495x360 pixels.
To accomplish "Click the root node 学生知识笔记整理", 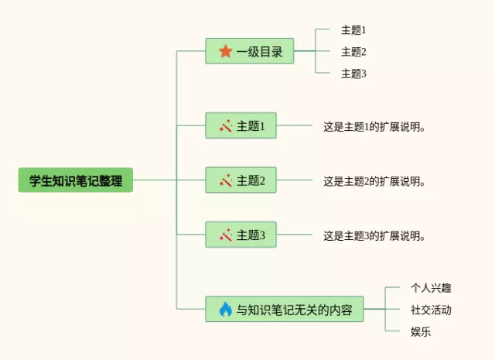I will pyautogui.click(x=76, y=180).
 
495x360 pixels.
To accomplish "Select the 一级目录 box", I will pyautogui.click(x=249, y=52).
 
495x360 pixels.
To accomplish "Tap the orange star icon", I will pyautogui.click(x=225, y=52).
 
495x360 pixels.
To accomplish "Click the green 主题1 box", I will pyautogui.click(x=241, y=125).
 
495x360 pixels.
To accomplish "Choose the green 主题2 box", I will pyautogui.click(x=241, y=180).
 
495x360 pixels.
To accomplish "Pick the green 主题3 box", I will pyautogui.click(x=241, y=235).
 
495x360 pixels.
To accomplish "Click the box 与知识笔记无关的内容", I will pyautogui.click(x=285, y=310).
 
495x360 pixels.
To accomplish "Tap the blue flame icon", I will pyautogui.click(x=225, y=310).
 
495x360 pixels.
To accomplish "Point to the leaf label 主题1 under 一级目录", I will pyautogui.click(x=353, y=30).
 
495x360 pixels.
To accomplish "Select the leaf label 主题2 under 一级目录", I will pyautogui.click(x=353, y=52).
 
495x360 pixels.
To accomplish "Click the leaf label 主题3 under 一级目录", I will pyautogui.click(x=353, y=74).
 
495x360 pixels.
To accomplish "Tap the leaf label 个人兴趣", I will pyautogui.click(x=431, y=288).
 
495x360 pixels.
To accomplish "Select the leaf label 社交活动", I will pyautogui.click(x=431, y=310).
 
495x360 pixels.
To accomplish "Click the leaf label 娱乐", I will pyautogui.click(x=421, y=332).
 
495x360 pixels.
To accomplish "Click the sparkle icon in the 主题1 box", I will pyautogui.click(x=226, y=125).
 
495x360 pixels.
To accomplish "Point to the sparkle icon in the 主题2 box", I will pyautogui.click(x=226, y=180).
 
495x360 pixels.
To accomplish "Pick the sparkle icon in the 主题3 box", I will pyautogui.click(x=226, y=235).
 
